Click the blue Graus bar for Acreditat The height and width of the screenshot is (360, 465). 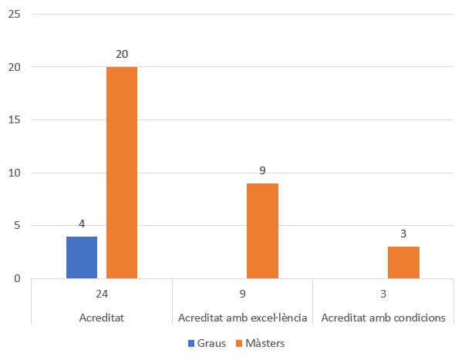coord(82,257)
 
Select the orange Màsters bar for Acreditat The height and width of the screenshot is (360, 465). coord(122,173)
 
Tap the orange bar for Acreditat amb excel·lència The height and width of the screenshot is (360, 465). coord(263,230)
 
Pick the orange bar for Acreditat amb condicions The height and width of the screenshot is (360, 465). coord(403,262)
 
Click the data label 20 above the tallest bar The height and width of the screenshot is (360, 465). coord(122,55)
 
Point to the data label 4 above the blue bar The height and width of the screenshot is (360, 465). coord(82,224)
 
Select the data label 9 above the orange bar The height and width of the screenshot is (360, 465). coord(263,171)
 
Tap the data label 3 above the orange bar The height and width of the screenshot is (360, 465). coord(403,234)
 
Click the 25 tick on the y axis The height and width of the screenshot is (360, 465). coord(15,15)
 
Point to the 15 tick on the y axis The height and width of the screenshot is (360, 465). coord(15,120)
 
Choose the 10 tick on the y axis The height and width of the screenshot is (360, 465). coord(15,173)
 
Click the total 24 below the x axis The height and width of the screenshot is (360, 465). coord(102,294)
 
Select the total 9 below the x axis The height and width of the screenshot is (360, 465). coord(242,294)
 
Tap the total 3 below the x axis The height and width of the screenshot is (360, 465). coord(383,294)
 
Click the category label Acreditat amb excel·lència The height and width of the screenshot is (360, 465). coord(242,318)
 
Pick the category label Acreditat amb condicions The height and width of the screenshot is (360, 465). coord(383,318)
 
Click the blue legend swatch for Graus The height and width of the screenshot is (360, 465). coord(190,344)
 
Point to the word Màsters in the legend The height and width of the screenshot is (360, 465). coord(265,344)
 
